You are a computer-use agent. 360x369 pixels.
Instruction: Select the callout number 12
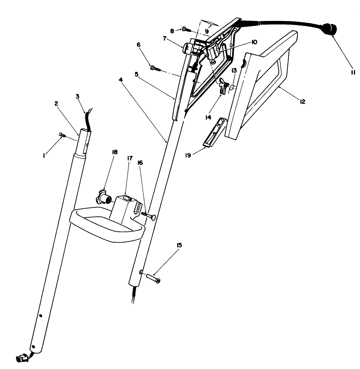[302, 101]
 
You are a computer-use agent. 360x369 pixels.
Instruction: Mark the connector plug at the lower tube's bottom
[22, 358]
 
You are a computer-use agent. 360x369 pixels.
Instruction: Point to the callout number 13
[234, 70]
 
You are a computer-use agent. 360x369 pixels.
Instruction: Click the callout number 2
[56, 103]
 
